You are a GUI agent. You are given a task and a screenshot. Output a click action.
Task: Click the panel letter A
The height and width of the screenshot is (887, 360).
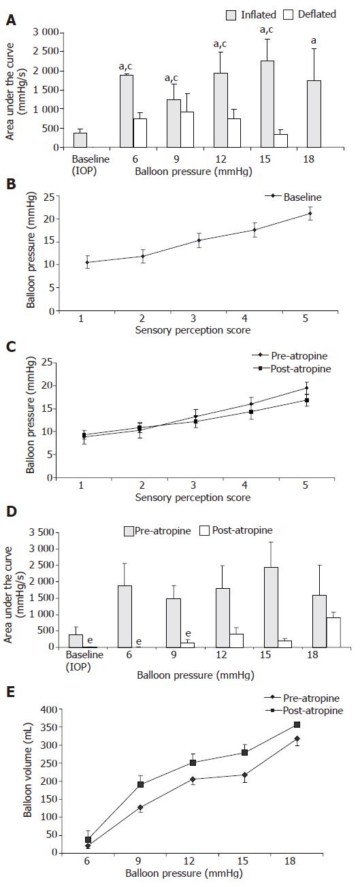[11, 20]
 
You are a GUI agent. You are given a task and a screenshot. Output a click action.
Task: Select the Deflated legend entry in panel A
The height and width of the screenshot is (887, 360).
[310, 15]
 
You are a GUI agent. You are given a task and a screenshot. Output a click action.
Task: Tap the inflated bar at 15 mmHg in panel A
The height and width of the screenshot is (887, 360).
[267, 103]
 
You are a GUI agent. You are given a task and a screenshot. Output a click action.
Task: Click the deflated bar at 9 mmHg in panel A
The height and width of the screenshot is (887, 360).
[187, 129]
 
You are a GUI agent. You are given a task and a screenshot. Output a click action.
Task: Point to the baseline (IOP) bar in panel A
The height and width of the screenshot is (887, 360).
[80, 140]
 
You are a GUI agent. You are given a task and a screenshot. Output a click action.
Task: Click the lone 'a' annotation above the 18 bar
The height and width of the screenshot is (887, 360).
[314, 41]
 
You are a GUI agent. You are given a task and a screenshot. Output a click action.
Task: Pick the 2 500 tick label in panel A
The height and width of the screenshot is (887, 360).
[46, 51]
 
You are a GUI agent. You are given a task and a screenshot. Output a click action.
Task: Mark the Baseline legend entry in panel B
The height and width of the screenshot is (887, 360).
[294, 197]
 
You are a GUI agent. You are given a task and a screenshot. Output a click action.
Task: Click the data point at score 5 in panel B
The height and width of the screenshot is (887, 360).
[310, 214]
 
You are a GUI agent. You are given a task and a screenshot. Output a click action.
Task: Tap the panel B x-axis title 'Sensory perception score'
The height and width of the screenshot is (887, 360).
[193, 330]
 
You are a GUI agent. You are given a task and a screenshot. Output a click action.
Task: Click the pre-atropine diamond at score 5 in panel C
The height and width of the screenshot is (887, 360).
[306, 388]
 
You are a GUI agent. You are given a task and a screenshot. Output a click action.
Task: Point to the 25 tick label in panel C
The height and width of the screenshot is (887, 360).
[47, 362]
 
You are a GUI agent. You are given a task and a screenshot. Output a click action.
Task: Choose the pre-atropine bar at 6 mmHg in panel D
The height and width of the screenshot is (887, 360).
[125, 616]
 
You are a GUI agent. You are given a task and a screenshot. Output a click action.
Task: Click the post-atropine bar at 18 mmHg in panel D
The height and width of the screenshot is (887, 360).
[333, 632]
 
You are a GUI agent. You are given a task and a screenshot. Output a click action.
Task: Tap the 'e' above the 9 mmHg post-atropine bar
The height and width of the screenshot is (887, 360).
[188, 634]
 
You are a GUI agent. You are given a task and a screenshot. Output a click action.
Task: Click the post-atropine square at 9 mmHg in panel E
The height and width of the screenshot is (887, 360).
[140, 784]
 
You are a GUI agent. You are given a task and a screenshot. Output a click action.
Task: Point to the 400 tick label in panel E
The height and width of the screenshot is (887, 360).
[50, 709]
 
